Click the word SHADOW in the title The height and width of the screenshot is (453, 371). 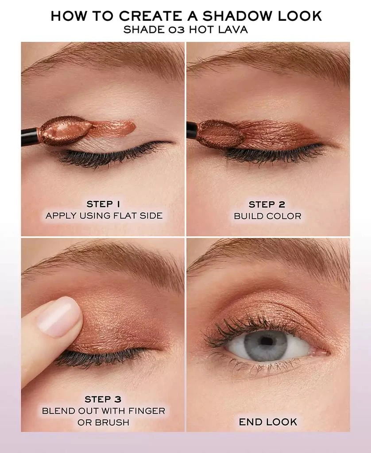(238, 16)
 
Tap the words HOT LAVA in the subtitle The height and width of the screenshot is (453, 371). (219, 30)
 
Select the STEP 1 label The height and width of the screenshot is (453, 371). (103, 204)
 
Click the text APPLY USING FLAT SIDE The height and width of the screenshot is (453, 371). (104, 215)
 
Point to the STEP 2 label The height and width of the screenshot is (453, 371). (267, 204)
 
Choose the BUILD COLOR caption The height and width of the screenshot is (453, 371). (267, 216)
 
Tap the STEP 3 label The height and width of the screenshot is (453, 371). (103, 399)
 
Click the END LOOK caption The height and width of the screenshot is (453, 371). (268, 422)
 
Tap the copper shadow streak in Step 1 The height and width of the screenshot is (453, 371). (113, 128)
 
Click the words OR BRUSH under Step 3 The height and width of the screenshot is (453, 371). (103, 422)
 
